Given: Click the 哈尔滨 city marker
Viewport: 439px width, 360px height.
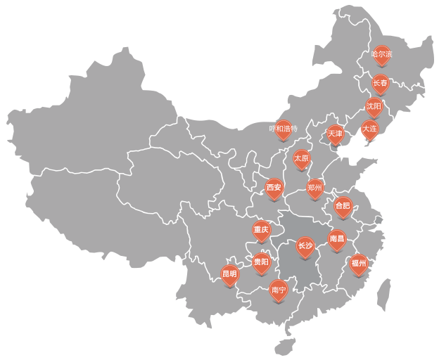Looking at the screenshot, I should (381, 55).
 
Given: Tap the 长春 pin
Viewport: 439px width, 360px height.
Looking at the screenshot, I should (380, 84).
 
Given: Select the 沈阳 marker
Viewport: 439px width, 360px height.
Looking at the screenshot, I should (374, 107).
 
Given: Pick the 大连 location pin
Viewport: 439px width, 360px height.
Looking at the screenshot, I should (369, 129).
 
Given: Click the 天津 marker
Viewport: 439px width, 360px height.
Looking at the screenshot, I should (336, 134).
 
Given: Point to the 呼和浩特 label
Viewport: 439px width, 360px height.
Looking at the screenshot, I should (284, 129).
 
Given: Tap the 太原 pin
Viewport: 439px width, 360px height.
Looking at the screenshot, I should (301, 159).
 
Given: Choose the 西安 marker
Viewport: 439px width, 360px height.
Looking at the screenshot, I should (274, 188).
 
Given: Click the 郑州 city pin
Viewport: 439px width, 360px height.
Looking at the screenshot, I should (315, 188).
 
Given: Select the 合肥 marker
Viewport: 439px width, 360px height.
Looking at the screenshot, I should (343, 207).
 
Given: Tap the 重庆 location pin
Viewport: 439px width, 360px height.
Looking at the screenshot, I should (261, 231).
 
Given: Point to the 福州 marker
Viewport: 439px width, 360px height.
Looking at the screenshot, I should (359, 264).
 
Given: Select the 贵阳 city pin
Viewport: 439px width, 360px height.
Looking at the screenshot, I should (261, 263).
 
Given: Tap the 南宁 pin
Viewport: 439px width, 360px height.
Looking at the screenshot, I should (279, 290).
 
